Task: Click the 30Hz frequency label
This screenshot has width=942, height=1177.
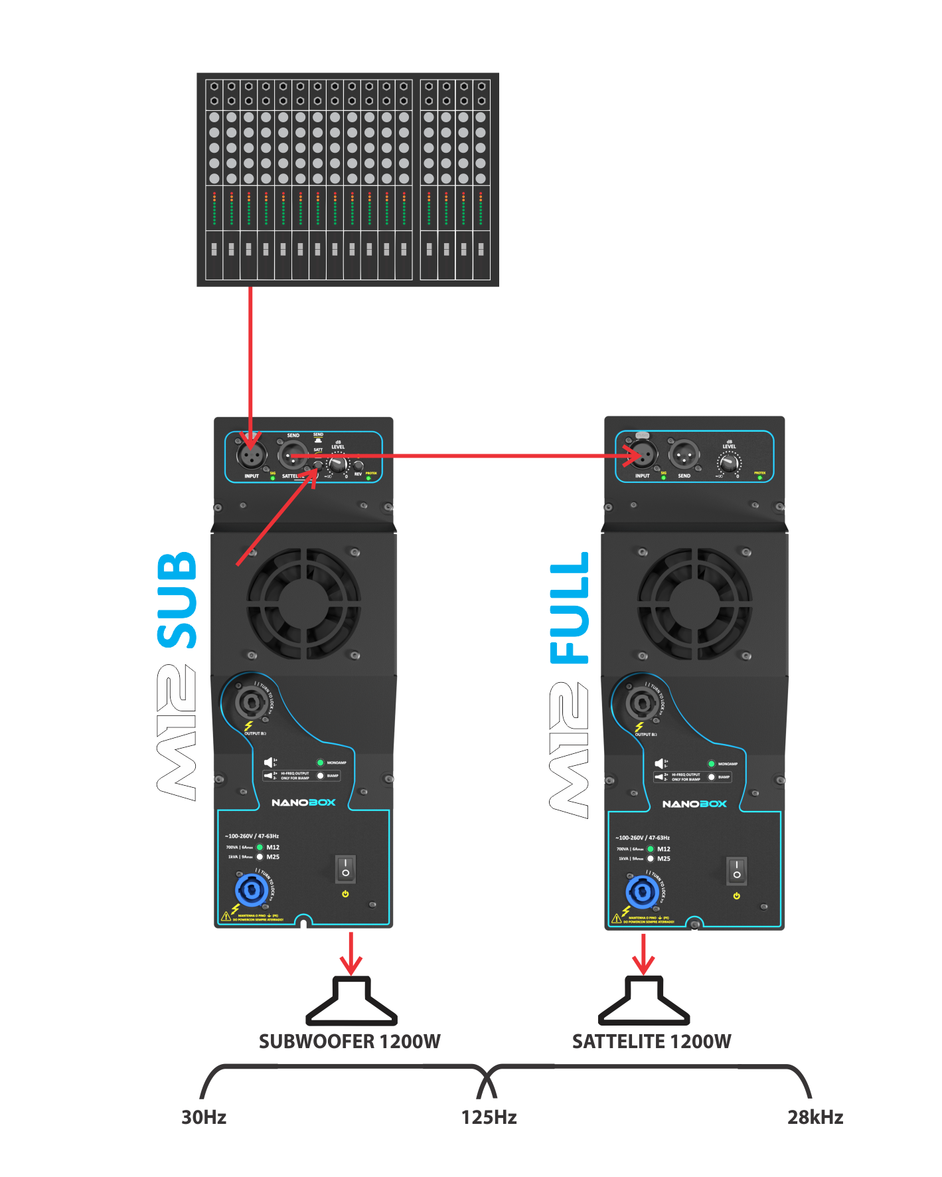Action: pos(204,1117)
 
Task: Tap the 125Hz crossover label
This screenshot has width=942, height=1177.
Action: pos(489,1117)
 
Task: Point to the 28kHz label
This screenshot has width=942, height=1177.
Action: pos(815,1117)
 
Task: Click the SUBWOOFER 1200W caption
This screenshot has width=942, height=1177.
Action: pos(349,1041)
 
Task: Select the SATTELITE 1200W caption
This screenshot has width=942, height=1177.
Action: pos(651,1041)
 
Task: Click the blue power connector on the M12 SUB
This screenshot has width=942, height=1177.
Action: pos(251,889)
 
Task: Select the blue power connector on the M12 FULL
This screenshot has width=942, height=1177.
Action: pos(642,891)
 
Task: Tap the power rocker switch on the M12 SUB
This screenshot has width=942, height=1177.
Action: pos(345,868)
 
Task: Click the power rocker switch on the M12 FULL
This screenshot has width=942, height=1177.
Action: pos(736,870)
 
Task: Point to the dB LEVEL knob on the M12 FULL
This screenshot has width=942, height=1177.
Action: pos(729,462)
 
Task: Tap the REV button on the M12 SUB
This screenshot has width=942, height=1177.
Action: pos(358,466)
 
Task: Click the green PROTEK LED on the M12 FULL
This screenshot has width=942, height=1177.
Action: pos(759,478)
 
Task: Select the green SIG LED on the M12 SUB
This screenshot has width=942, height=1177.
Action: pos(273,478)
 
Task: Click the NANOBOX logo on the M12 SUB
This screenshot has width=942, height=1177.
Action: pos(303,802)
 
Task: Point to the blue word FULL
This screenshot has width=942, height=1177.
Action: pos(570,608)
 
